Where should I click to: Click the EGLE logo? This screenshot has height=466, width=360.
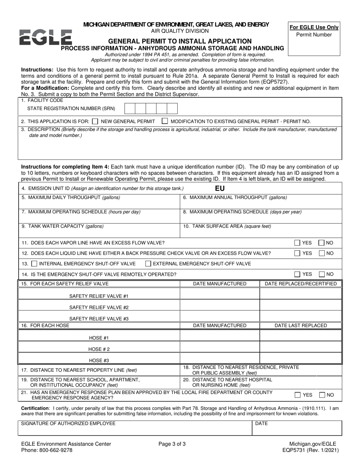(45, 38)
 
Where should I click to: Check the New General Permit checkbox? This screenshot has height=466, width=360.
(95, 122)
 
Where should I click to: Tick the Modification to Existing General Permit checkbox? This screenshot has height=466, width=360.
(165, 121)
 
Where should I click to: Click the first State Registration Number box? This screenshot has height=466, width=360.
(130, 108)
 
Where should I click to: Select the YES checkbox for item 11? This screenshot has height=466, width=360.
(297, 243)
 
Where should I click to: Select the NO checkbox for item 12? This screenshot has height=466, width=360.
(321, 253)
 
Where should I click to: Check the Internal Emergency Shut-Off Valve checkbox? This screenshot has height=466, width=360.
(34, 264)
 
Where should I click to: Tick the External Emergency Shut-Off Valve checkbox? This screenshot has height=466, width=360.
(149, 264)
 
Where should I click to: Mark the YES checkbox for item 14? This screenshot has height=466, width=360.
(297, 274)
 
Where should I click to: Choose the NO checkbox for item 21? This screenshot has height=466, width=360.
(322, 395)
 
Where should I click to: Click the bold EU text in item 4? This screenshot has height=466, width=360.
(220, 188)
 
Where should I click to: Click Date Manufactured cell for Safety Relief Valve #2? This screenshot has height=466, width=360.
(219, 305)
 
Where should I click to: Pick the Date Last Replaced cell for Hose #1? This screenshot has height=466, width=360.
(301, 336)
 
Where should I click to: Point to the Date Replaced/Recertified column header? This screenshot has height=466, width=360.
(301, 284)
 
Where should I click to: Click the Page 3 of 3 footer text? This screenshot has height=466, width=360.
(172, 444)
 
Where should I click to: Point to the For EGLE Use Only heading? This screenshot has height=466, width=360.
(314, 27)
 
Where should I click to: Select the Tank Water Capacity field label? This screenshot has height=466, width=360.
(63, 227)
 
